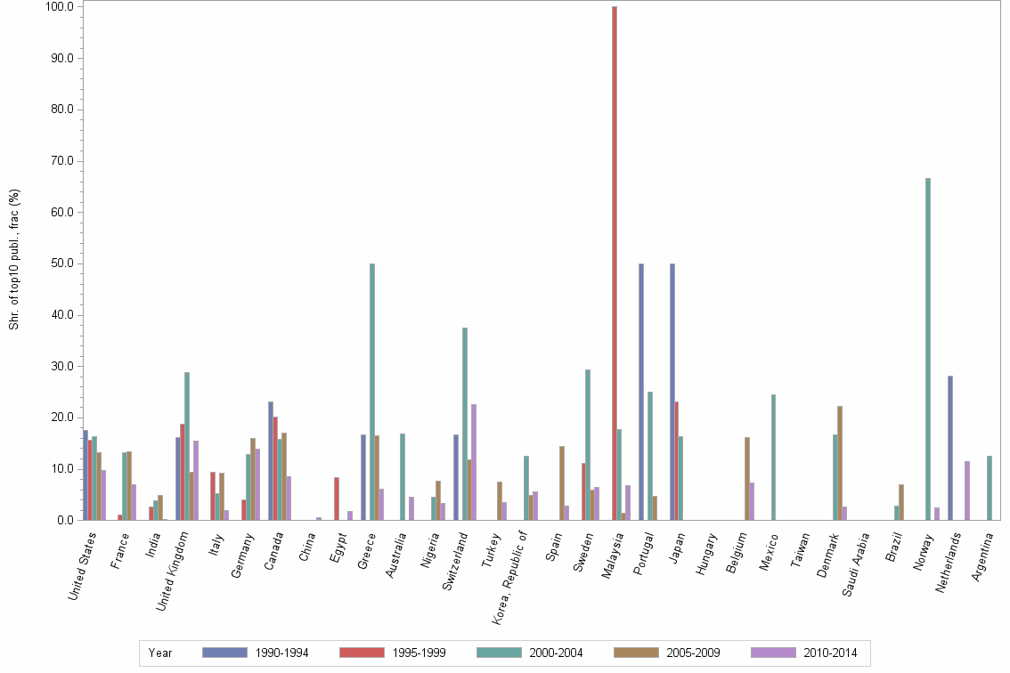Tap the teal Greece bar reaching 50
[x=372, y=392]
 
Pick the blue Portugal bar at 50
[x=641, y=392]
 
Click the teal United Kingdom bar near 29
[x=187, y=446]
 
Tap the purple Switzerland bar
[x=474, y=462]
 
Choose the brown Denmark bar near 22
[x=840, y=463]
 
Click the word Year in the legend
[x=160, y=653]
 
